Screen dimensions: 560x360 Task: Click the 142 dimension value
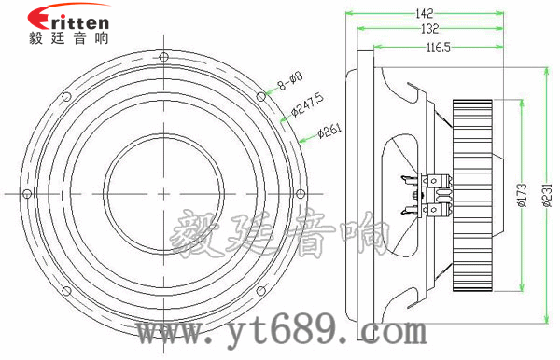coord(425,14)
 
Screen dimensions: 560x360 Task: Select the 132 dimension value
coord(429,29)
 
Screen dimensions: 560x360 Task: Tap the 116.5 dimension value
coord(439,47)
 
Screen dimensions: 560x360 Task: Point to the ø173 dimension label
coord(522,195)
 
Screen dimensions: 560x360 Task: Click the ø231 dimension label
coord(547,195)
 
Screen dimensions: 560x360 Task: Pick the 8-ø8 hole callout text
coord(290,80)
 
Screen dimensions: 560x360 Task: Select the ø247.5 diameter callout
coord(307,104)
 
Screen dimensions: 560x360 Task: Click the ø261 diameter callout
coord(329,131)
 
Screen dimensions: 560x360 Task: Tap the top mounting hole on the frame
coord(163,57)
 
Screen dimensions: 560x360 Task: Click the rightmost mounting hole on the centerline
coord(301,194)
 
